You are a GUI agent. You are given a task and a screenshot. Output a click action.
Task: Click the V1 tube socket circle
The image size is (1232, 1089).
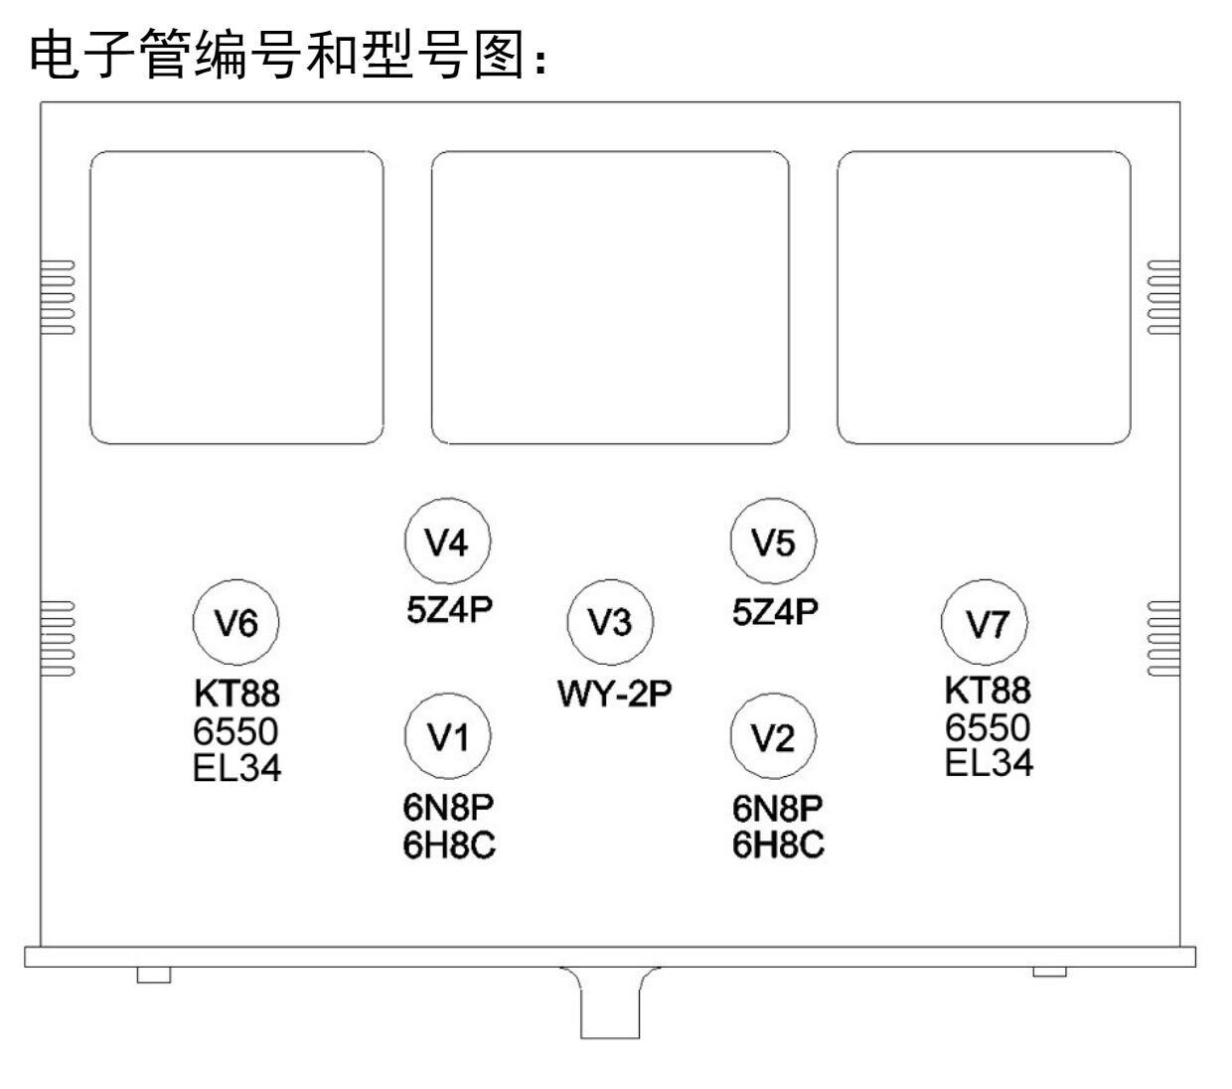click(x=448, y=736)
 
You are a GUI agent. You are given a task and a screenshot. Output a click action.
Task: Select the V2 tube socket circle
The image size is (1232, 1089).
click(x=773, y=737)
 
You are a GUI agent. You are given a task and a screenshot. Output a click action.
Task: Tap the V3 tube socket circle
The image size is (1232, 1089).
click(x=610, y=622)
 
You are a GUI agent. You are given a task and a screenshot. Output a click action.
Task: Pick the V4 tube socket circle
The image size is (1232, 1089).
click(x=447, y=542)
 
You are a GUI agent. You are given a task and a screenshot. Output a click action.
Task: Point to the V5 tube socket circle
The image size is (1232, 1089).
click(x=773, y=542)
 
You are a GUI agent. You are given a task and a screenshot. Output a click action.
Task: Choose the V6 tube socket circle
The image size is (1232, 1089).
click(x=236, y=623)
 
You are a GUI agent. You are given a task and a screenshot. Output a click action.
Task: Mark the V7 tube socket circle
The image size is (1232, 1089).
click(x=986, y=623)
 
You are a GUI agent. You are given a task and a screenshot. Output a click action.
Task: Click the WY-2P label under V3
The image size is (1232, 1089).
click(x=614, y=693)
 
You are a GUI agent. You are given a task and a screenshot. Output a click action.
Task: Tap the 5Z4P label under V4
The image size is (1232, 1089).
click(x=449, y=608)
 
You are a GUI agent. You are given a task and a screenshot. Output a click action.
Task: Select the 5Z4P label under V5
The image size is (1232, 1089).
click(x=775, y=611)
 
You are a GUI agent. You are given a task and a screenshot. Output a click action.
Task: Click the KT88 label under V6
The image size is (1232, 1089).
click(x=236, y=693)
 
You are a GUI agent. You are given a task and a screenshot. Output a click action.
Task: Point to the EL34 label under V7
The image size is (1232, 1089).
click(x=989, y=763)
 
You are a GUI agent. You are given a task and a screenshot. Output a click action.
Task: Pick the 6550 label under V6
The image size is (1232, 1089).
click(x=235, y=731)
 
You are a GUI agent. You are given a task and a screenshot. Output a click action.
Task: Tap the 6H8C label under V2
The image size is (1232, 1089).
click(x=778, y=845)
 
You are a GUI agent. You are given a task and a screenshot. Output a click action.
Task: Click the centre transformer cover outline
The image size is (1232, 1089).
click(x=610, y=297)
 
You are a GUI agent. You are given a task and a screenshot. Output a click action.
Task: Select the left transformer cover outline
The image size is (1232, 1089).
click(x=236, y=297)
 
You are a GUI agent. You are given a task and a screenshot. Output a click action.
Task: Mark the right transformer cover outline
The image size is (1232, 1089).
click(x=984, y=297)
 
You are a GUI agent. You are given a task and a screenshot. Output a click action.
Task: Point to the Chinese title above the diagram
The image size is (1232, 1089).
click(x=288, y=55)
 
